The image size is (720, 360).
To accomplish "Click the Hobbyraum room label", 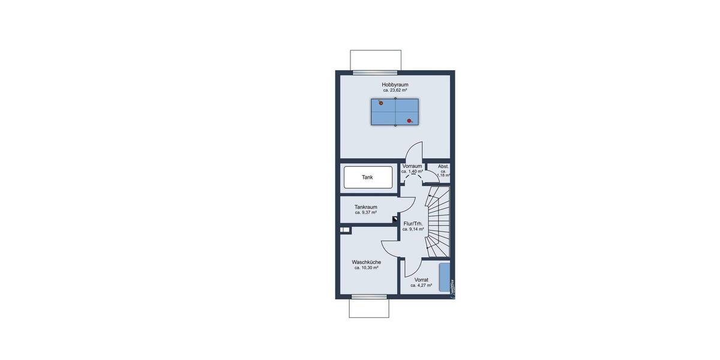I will [395, 85].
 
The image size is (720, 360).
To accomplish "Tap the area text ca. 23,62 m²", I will [395, 91].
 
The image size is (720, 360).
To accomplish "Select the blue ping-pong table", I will [395, 112].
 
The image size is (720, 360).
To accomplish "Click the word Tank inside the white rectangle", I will [367, 178].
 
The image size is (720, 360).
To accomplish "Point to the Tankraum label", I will [365, 207].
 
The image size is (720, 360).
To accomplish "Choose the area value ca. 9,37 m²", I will [365, 212].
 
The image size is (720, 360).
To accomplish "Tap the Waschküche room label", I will [366, 262].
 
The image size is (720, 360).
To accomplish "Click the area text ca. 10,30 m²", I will [366, 268].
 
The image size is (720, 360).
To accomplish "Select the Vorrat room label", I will [421, 280].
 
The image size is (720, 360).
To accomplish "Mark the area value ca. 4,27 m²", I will [421, 286].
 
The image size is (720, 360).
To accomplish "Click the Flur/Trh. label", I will [413, 223].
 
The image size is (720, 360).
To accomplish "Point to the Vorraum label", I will [412, 166].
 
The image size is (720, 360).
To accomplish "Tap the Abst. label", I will [443, 166].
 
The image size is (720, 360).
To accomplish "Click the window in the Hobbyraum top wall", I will [375, 73].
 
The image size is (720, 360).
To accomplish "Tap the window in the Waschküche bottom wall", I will [369, 296].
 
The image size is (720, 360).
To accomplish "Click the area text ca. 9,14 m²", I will [413, 229].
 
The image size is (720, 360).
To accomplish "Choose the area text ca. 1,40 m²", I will [412, 172].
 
